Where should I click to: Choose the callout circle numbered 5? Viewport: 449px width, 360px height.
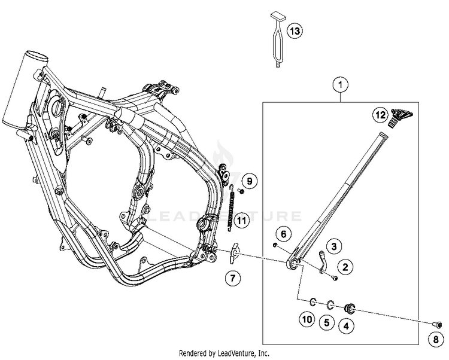(x=326, y=322)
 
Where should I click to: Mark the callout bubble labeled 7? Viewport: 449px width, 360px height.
(x=233, y=277)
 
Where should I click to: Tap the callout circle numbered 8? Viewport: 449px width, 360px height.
(x=435, y=340)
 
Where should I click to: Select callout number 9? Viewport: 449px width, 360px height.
(x=250, y=180)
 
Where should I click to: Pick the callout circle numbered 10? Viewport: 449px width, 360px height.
(x=307, y=320)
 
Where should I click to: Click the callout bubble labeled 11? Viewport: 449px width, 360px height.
(x=241, y=221)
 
